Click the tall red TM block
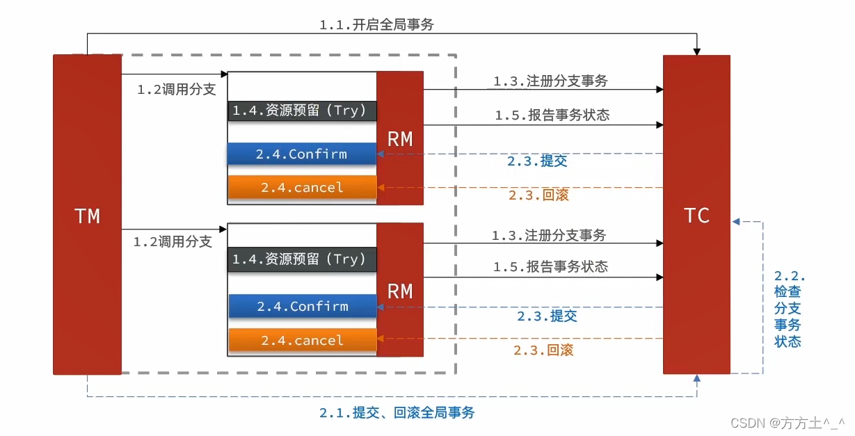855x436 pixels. tap(87, 216)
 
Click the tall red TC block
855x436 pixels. tap(696, 215)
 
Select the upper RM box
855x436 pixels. tap(400, 138)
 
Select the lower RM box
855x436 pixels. tap(400, 290)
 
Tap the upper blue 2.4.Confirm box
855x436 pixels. tap(301, 154)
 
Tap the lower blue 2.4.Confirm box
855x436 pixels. tap(302, 306)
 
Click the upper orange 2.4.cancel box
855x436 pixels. tap(302, 187)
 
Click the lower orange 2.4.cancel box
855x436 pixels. tap(302, 340)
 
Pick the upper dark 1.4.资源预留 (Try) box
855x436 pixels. tap(301, 110)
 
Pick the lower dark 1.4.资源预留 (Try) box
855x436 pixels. tap(301, 259)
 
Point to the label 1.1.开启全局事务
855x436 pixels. tap(376, 25)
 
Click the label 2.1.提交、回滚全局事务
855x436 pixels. tap(397, 412)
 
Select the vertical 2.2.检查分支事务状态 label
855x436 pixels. tap(789, 308)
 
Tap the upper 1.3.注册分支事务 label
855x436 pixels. tap(550, 81)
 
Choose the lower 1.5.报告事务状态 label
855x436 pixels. tap(550, 266)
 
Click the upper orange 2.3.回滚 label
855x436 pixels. tap(538, 195)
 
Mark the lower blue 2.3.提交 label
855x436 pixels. tap(547, 316)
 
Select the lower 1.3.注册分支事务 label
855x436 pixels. tap(549, 236)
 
